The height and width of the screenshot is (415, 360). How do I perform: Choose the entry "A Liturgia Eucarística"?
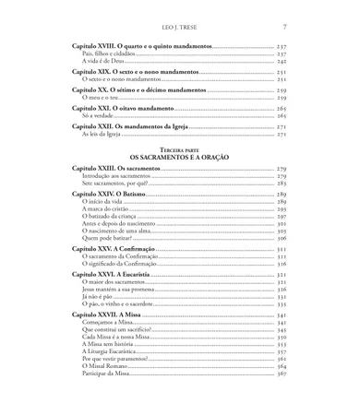(x=106, y=350)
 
